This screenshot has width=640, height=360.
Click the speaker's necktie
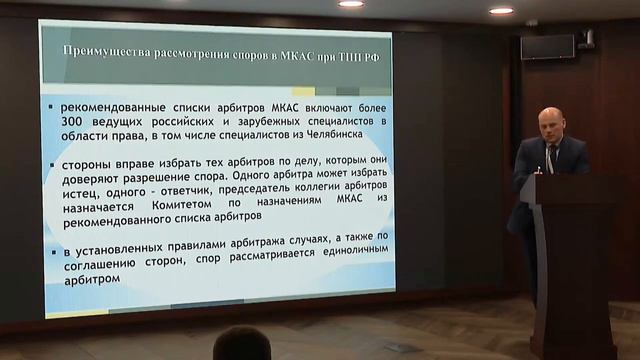click(x=549, y=158)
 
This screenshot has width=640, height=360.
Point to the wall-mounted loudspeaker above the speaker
click(x=547, y=46)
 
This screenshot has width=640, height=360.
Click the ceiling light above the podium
click(x=501, y=10)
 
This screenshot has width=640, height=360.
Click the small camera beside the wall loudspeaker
click(x=587, y=39)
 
